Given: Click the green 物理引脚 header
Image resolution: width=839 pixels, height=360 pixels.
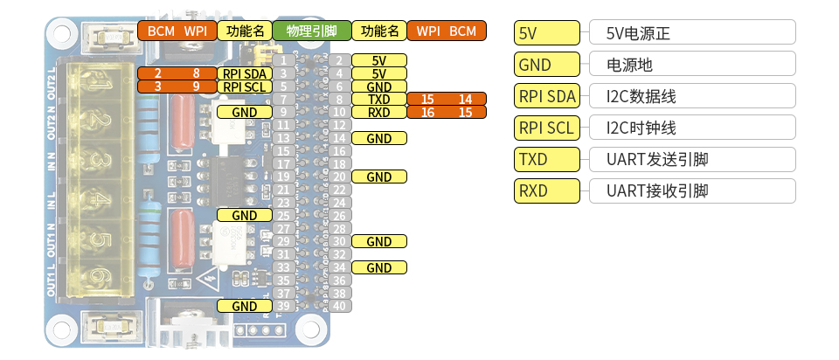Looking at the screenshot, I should coord(312,31).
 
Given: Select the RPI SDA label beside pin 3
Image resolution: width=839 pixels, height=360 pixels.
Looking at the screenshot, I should coord(244,73).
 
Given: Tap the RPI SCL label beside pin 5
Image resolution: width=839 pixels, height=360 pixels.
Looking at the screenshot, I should coord(244,87).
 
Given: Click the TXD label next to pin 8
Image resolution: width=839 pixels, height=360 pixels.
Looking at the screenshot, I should coord(378,100).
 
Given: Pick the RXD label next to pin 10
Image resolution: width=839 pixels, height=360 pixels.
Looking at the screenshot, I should coord(378,113).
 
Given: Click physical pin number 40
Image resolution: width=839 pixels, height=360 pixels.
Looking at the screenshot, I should coord(339,306).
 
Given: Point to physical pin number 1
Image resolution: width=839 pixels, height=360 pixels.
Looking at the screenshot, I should coord(284,60).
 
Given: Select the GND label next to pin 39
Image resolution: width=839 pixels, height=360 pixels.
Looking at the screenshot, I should coord(245,306).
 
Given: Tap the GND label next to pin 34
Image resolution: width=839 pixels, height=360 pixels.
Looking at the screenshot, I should coord(378,267).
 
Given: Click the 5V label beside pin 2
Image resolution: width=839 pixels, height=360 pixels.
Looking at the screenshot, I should coord(378,60).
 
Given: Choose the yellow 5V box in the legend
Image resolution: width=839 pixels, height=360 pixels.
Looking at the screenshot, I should coord(547,33).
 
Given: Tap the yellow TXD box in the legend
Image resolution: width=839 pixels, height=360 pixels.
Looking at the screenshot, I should coord(547,159).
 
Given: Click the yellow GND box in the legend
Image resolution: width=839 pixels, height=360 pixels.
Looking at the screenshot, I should coord(547,64).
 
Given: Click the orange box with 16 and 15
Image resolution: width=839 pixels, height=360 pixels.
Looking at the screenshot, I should coord(446,113).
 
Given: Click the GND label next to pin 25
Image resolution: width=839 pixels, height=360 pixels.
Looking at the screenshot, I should coord(245,215).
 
